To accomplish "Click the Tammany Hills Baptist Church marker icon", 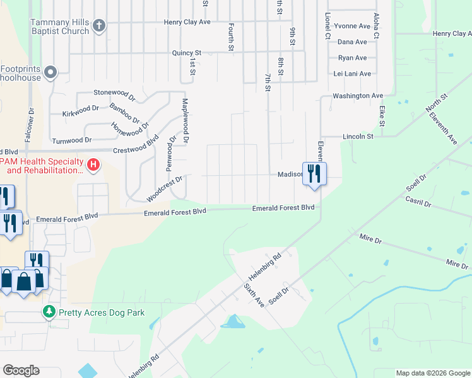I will click(98, 26).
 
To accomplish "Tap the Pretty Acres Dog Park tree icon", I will click(49, 312).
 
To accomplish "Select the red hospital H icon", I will click(93, 165).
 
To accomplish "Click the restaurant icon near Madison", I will click(314, 173).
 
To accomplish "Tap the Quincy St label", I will click(186, 54).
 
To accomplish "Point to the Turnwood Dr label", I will click(71, 140).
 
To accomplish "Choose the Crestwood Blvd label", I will click(135, 150).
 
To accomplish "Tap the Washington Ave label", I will click(358, 96).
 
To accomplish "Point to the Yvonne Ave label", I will click(352, 26).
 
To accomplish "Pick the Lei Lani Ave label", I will click(352, 74).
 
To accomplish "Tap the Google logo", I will click(21, 370).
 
